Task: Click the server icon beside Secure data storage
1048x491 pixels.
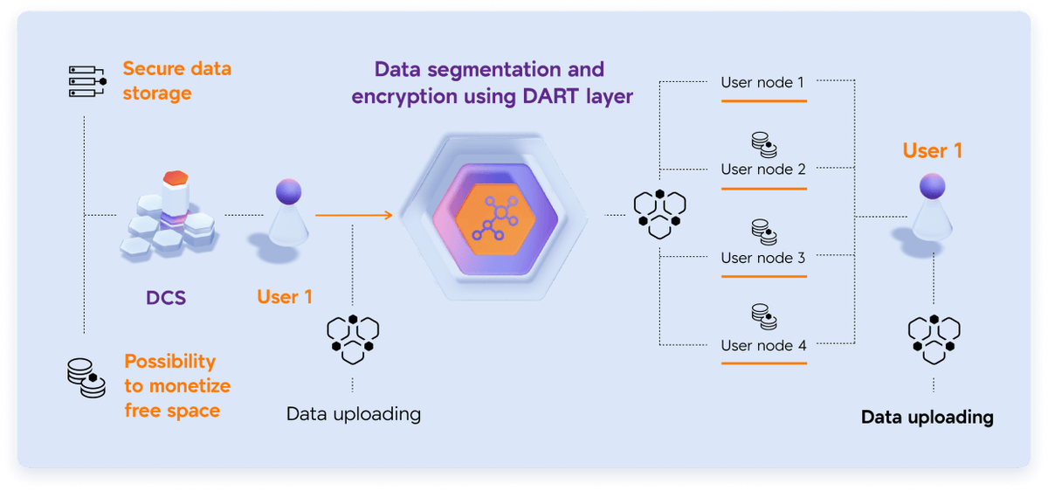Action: click(x=86, y=80)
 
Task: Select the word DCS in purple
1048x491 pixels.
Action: click(x=166, y=297)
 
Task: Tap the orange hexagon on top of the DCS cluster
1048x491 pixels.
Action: click(x=176, y=178)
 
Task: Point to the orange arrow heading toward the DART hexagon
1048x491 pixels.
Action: click(x=353, y=213)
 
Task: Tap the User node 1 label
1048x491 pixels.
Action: click(x=762, y=82)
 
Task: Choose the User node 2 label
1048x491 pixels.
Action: click(x=762, y=169)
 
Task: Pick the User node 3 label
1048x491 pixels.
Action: click(x=762, y=258)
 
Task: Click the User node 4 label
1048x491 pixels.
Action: click(x=762, y=345)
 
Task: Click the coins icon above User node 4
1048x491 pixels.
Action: click(x=764, y=316)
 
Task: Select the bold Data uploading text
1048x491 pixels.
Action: click(x=927, y=417)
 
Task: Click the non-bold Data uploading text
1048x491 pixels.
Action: click(x=353, y=413)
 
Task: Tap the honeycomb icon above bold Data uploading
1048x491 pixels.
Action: click(x=934, y=339)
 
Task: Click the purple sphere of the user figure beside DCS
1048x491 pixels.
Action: click(x=288, y=191)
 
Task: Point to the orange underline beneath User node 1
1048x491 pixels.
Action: click(x=763, y=100)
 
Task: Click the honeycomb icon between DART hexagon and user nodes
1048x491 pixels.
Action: click(x=659, y=212)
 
